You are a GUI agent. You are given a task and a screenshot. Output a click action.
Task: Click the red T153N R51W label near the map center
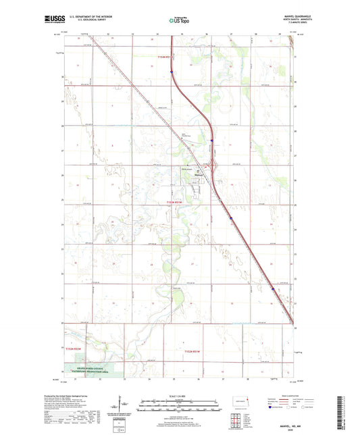coord(174,202)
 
